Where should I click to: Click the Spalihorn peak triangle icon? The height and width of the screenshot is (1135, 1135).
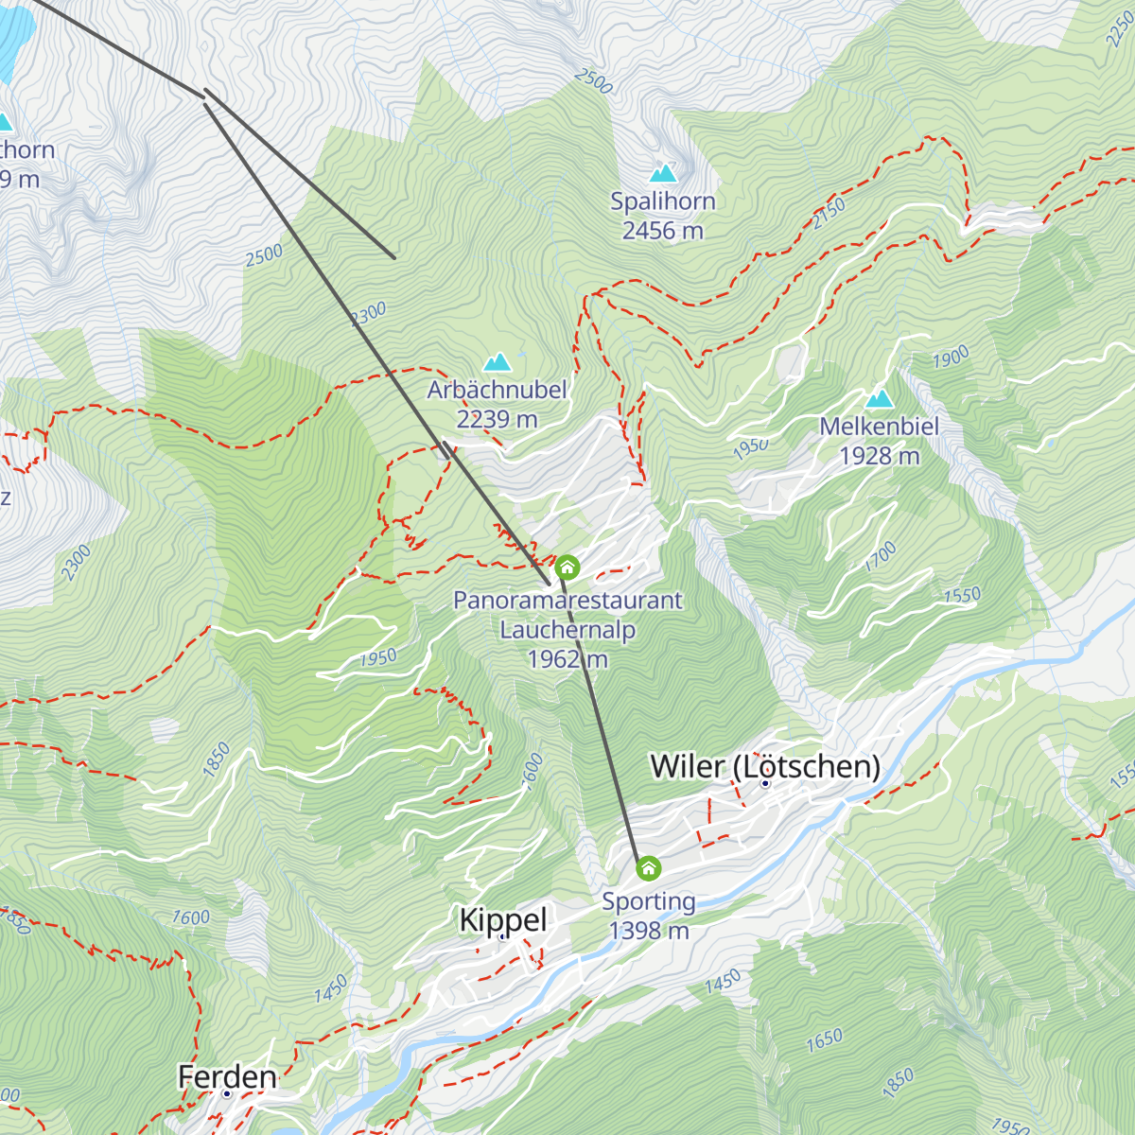tap(663, 173)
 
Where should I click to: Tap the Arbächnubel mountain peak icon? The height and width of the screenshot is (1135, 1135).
tap(497, 362)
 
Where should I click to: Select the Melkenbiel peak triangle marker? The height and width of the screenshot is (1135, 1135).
tap(880, 398)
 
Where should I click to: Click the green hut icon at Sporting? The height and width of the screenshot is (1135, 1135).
tap(648, 867)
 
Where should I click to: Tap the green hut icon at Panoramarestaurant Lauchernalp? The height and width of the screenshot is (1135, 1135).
tap(567, 567)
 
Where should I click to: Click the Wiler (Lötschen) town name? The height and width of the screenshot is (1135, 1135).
tap(764, 766)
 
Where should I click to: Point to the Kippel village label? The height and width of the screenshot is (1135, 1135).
tap(503, 919)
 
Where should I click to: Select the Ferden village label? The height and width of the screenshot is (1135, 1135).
tap(227, 1076)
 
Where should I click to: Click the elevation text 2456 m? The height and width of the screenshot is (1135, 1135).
tap(663, 231)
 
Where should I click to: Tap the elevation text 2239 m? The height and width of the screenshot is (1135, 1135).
tap(497, 419)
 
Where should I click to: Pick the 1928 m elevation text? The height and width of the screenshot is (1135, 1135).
tap(880, 456)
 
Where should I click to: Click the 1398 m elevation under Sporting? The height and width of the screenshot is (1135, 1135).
tap(649, 931)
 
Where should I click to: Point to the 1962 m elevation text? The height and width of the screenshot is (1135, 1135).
tap(567, 659)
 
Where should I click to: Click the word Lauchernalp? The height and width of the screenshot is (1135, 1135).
tap(567, 630)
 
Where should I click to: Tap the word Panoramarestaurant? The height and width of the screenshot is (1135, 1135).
tap(567, 601)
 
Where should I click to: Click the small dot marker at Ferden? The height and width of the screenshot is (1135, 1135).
tap(227, 1093)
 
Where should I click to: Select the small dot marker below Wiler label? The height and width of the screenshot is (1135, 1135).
tap(765, 783)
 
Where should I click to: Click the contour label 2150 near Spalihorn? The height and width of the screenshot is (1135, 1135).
tap(829, 214)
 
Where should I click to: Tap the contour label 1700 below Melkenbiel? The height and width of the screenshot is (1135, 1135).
tap(881, 556)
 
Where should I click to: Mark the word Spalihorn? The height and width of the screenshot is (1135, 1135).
tap(663, 201)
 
